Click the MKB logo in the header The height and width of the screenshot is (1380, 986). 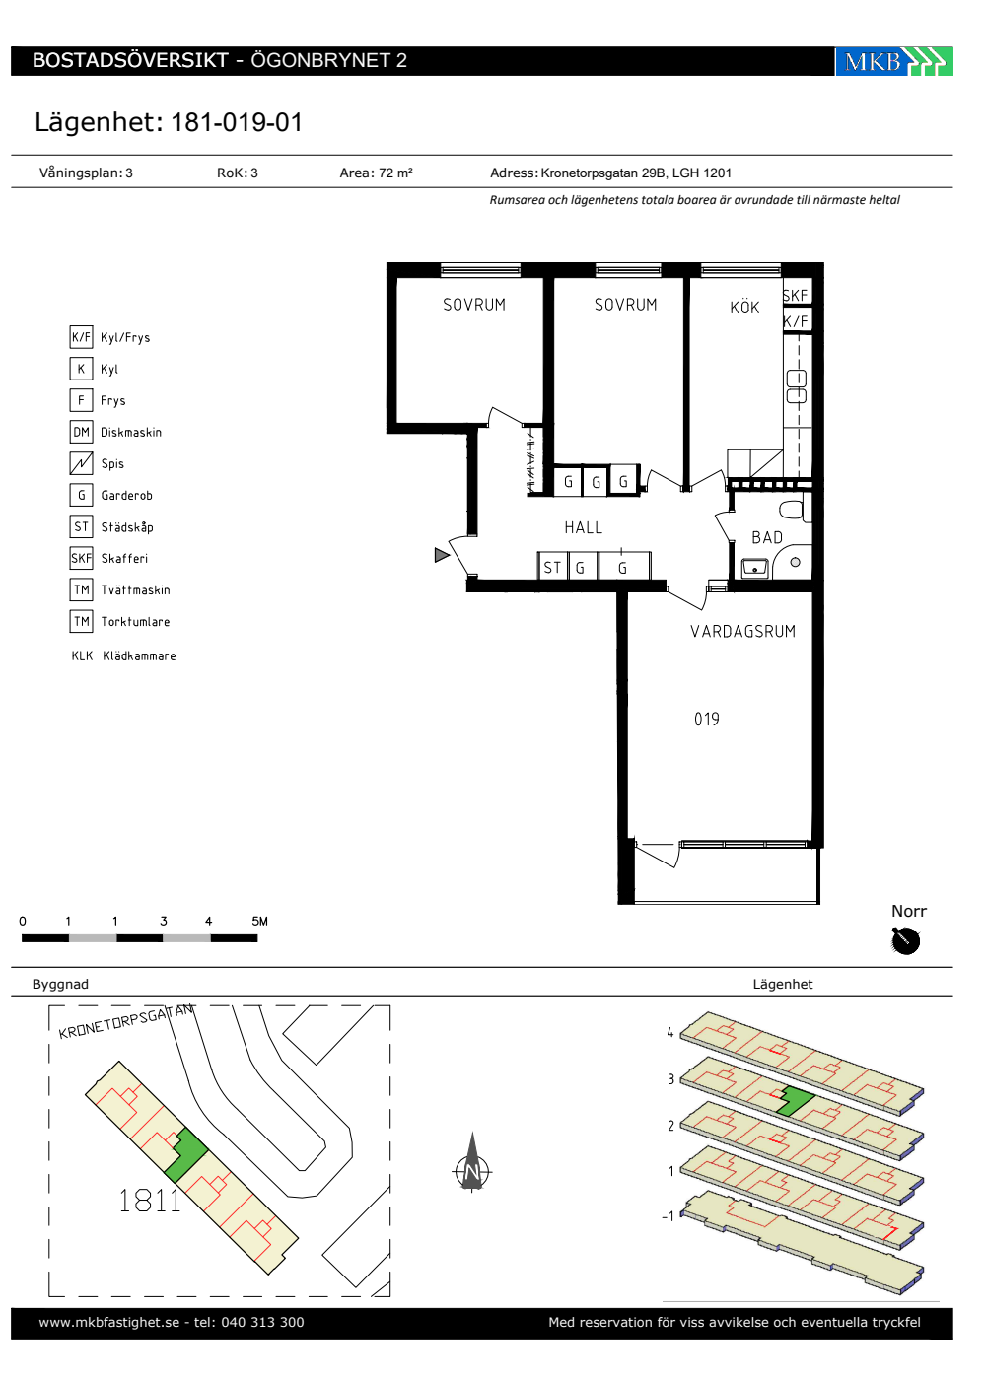coord(893,61)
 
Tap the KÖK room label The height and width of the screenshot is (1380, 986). coord(744,308)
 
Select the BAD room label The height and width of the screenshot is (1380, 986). coord(767,538)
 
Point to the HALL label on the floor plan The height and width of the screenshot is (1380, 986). coord(583,527)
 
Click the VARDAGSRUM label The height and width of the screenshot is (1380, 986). coord(742,632)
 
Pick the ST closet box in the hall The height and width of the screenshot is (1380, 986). coord(552,567)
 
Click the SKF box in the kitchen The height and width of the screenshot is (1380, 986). coord(796,295)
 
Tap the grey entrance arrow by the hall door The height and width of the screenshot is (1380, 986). coord(442,555)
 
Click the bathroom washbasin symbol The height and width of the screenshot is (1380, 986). coord(754,567)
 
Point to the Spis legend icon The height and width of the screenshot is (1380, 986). coord(81,463)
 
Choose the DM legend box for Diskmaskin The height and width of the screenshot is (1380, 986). coord(81,432)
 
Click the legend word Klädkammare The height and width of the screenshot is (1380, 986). coord(139,656)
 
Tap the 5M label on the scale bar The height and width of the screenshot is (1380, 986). coord(259,921)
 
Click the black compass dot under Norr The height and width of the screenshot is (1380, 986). coord(905,941)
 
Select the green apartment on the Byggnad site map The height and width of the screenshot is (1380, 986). coord(186,1155)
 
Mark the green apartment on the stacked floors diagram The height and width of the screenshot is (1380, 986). coord(795,1101)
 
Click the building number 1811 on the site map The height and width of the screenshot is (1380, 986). coord(150,1201)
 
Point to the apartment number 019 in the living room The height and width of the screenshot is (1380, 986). coord(706,719)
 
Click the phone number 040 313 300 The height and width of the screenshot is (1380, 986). coord(262,1322)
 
